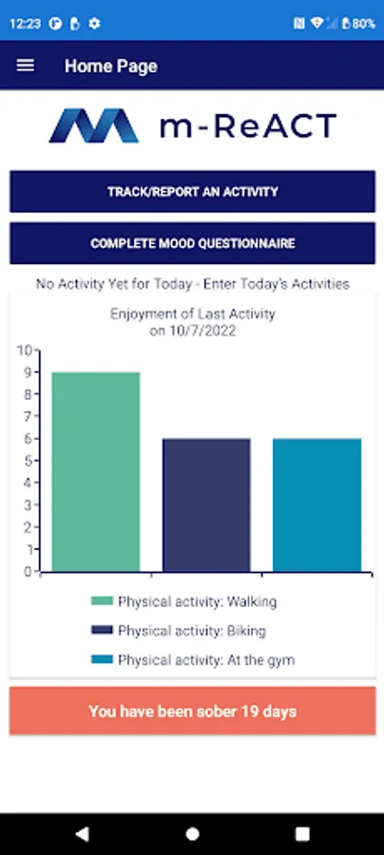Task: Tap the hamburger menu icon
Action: click(25, 66)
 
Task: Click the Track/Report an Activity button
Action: click(192, 191)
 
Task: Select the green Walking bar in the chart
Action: click(96, 471)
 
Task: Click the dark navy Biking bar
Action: click(206, 505)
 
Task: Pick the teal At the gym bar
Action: click(317, 505)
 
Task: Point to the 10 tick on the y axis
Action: click(24, 350)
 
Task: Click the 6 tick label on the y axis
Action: click(28, 438)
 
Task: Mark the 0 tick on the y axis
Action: click(28, 572)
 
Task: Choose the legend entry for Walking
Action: click(183, 601)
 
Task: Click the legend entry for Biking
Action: click(179, 631)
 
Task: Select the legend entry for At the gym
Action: click(193, 660)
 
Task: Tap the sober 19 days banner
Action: click(192, 711)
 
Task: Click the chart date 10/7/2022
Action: click(202, 331)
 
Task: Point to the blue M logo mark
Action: click(94, 126)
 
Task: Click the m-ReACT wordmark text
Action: click(248, 126)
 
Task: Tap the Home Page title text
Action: click(111, 66)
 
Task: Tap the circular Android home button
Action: click(192, 834)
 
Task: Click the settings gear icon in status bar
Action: click(94, 24)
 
